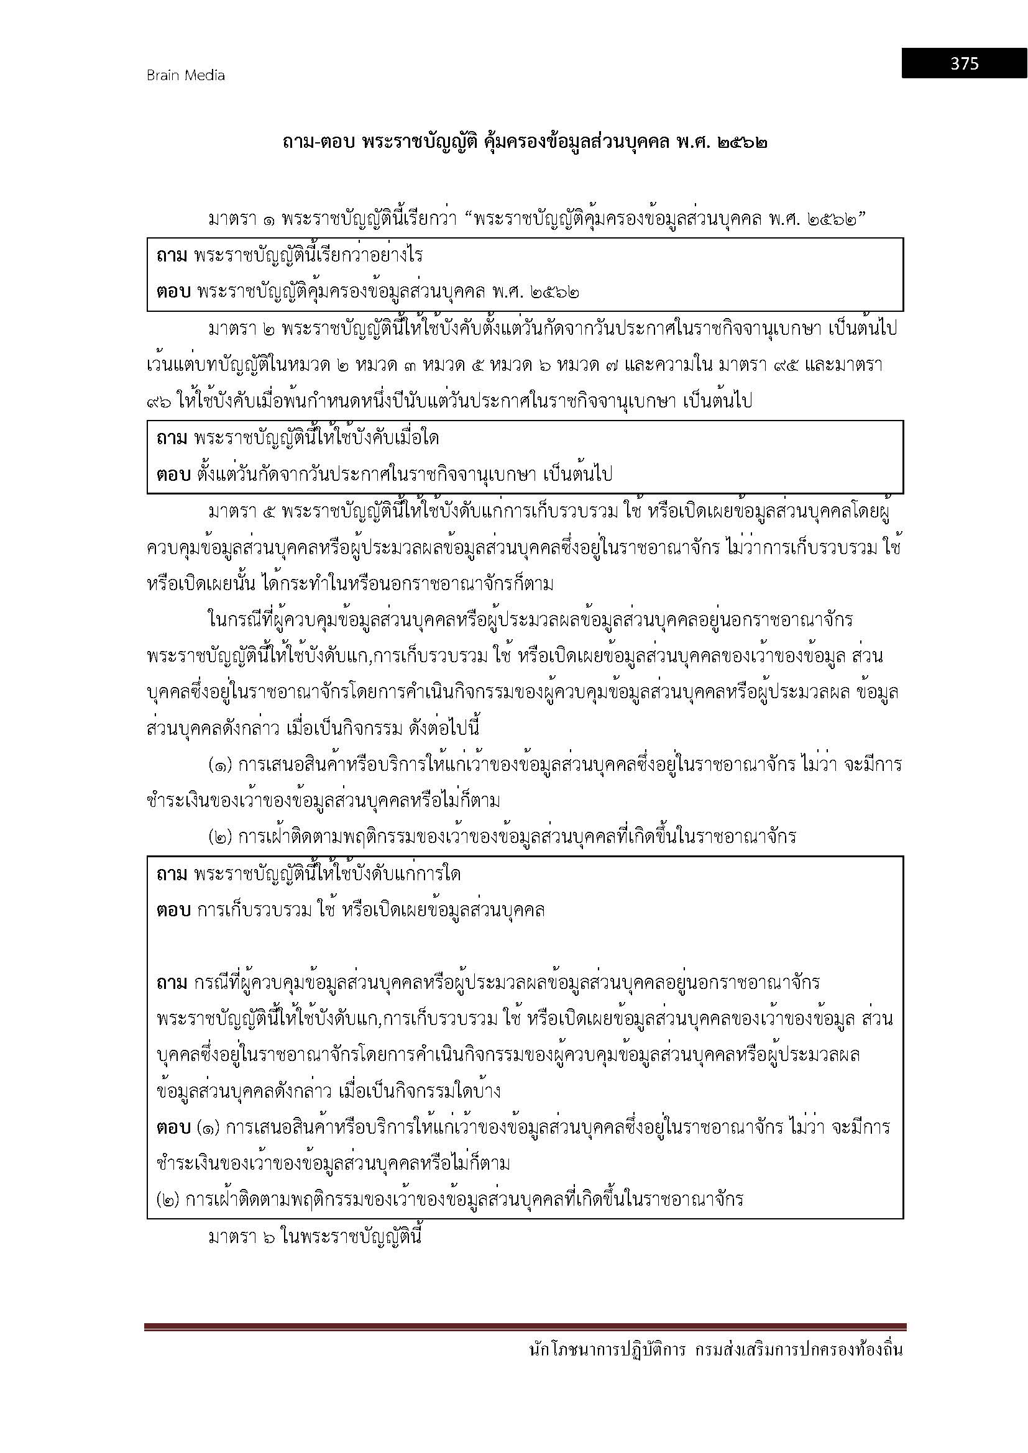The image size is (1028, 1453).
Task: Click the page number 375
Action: click(964, 63)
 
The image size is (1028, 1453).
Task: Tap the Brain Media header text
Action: click(185, 75)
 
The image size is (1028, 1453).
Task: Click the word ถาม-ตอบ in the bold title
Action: click(318, 143)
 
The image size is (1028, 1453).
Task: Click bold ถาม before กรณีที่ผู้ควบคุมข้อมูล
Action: click(172, 983)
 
